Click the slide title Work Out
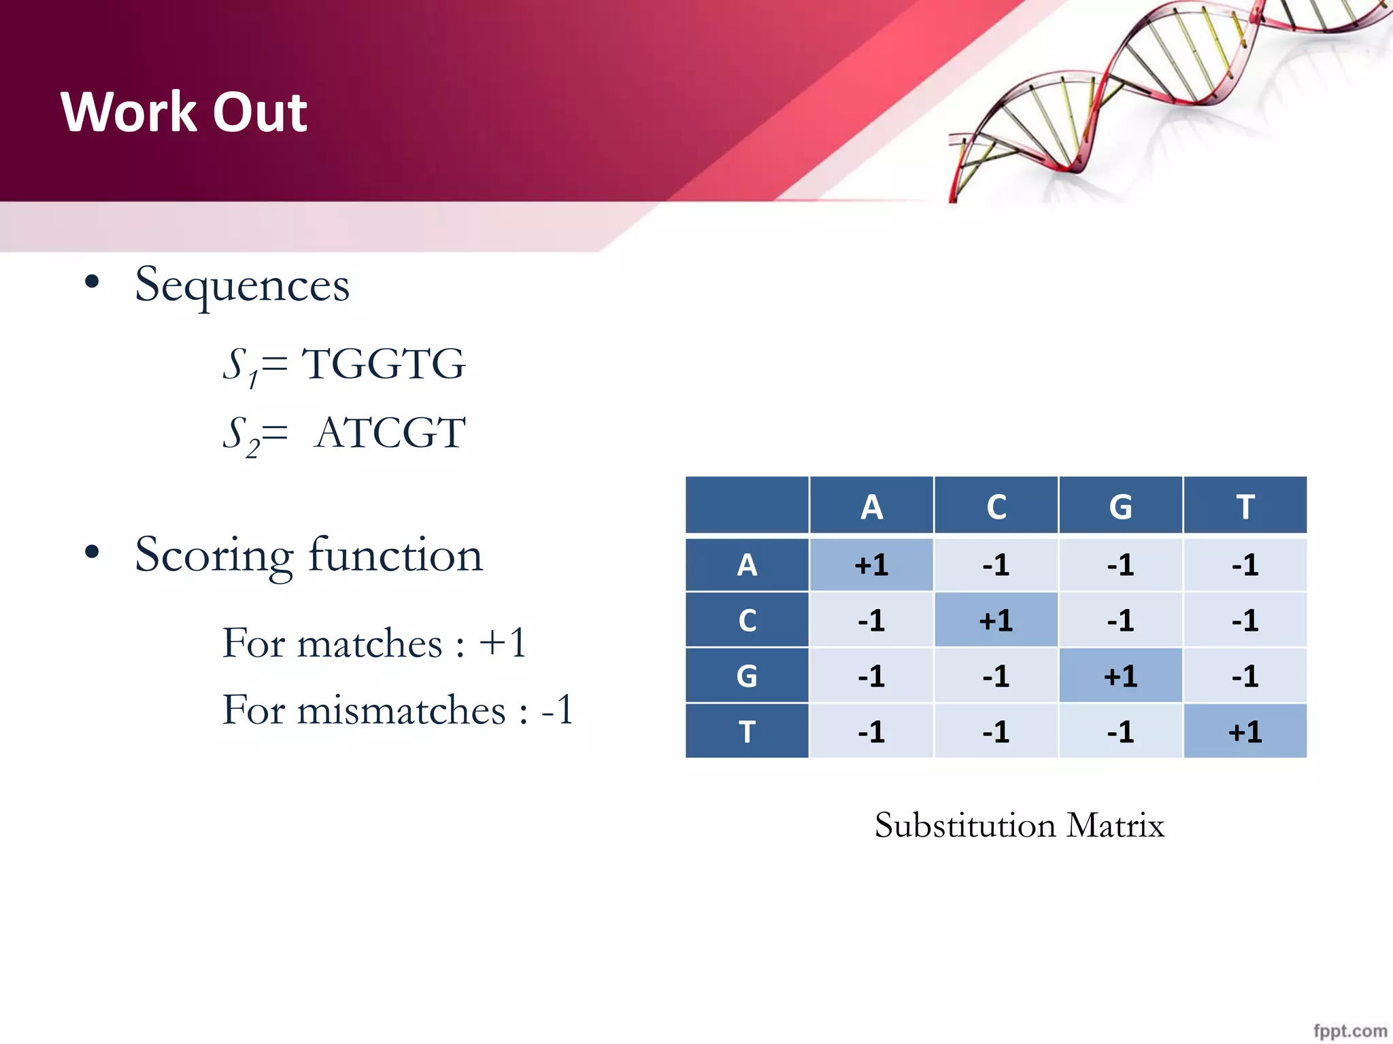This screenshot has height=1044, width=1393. tap(184, 112)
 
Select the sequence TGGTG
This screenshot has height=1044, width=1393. tap(384, 364)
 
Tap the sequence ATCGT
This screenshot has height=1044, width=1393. tap(390, 432)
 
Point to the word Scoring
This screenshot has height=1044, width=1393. tap(214, 556)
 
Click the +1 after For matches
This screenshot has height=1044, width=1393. tap(503, 642)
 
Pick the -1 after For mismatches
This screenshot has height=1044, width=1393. tap(558, 710)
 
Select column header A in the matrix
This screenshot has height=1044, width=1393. tap(871, 507)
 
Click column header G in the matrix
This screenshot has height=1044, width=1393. tap(1120, 507)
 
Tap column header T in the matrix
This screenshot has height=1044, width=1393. tap(1245, 507)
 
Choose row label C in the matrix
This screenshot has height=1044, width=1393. tap(747, 621)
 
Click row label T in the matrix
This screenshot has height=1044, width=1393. tap(747, 732)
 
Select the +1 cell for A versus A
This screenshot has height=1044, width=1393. tap(871, 565)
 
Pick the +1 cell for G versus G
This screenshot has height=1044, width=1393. tap(1120, 676)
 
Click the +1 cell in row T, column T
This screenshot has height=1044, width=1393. tap(1245, 732)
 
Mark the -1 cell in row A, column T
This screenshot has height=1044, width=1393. tap(1245, 565)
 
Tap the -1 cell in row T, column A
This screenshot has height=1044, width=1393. tap(871, 732)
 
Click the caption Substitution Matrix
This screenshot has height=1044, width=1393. tap(1019, 826)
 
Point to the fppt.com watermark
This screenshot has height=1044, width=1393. tap(1349, 1030)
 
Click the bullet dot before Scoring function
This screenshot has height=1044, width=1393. tap(93, 553)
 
